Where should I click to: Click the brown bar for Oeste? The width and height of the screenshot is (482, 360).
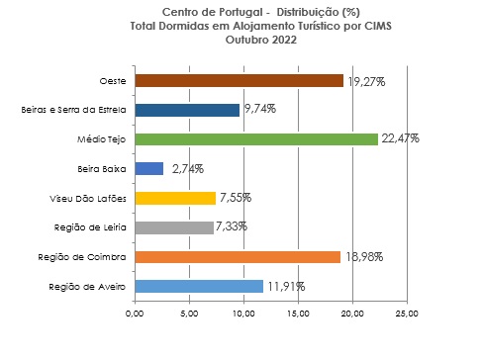click(239, 81)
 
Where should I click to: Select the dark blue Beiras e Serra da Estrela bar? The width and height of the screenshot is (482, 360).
click(187, 110)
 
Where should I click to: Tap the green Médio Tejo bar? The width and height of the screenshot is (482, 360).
click(256, 139)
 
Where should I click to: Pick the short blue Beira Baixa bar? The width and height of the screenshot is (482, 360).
click(149, 169)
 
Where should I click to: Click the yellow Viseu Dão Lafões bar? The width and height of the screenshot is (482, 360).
click(175, 198)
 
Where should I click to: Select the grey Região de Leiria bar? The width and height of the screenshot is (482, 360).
click(174, 227)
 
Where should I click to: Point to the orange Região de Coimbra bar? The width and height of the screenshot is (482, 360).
click(238, 257)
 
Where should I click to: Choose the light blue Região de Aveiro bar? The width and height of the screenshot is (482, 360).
click(199, 287)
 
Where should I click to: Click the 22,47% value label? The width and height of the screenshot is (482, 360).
click(400, 139)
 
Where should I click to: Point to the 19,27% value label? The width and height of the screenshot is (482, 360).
click(365, 81)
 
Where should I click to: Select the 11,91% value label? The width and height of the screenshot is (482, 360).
click(285, 287)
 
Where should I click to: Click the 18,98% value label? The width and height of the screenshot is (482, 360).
click(362, 257)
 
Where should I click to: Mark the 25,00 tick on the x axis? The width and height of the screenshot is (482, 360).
click(407, 315)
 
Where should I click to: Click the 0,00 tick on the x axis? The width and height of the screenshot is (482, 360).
click(136, 315)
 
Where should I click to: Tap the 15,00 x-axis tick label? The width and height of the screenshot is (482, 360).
click(298, 315)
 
